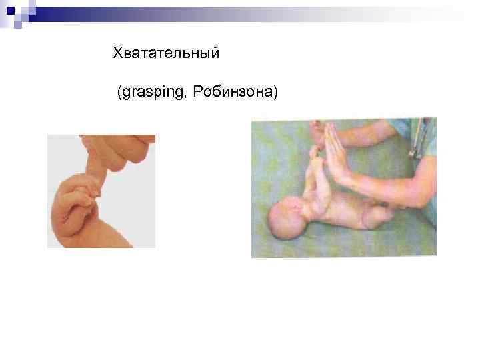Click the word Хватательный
(166, 52)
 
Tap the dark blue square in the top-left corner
(10, 10)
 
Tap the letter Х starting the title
(117, 52)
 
